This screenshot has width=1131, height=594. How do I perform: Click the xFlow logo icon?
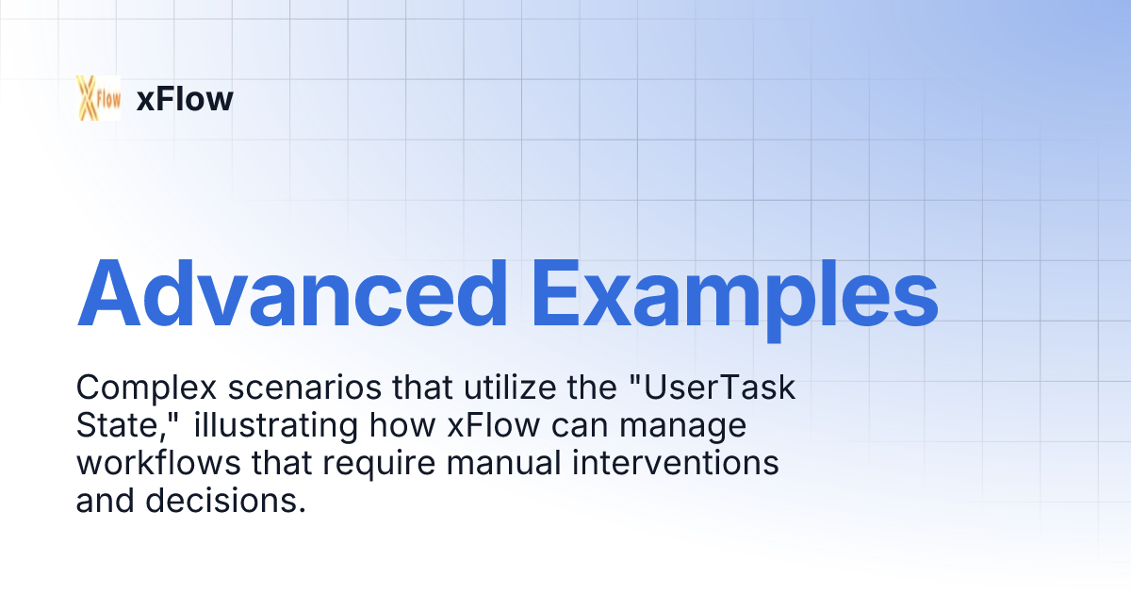pos(98,97)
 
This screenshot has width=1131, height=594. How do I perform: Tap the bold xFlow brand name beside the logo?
pos(185,98)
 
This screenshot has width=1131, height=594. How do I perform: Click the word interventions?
pos(671,463)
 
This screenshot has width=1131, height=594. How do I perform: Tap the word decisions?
pos(225,501)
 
